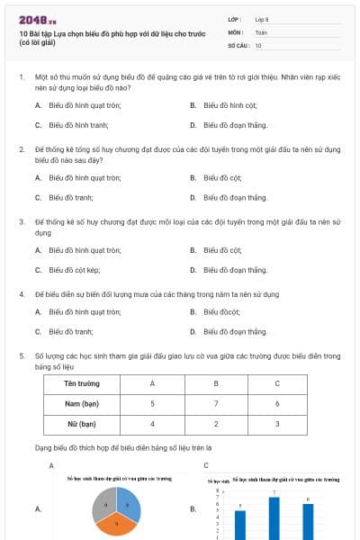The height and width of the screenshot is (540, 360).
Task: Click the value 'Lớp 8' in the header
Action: tap(263, 19)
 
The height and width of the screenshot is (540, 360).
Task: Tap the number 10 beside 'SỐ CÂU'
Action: tap(258, 44)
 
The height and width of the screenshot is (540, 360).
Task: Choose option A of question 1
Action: tap(85, 105)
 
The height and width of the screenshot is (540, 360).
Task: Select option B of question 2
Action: tap(222, 177)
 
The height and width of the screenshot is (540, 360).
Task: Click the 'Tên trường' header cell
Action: tap(82, 383)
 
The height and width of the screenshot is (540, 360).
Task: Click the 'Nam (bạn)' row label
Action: tap(82, 403)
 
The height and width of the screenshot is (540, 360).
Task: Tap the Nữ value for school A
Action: tap(152, 423)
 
